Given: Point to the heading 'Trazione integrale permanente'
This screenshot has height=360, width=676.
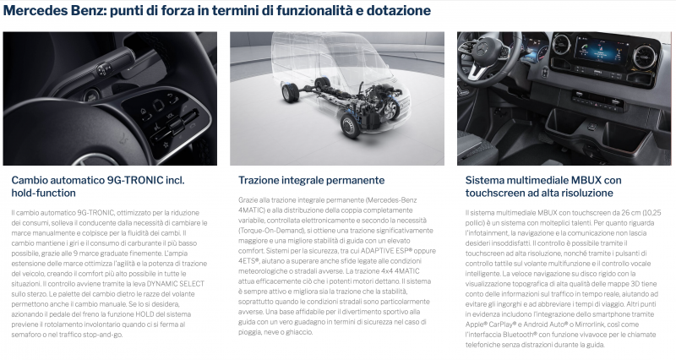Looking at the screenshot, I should click(x=311, y=181).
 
